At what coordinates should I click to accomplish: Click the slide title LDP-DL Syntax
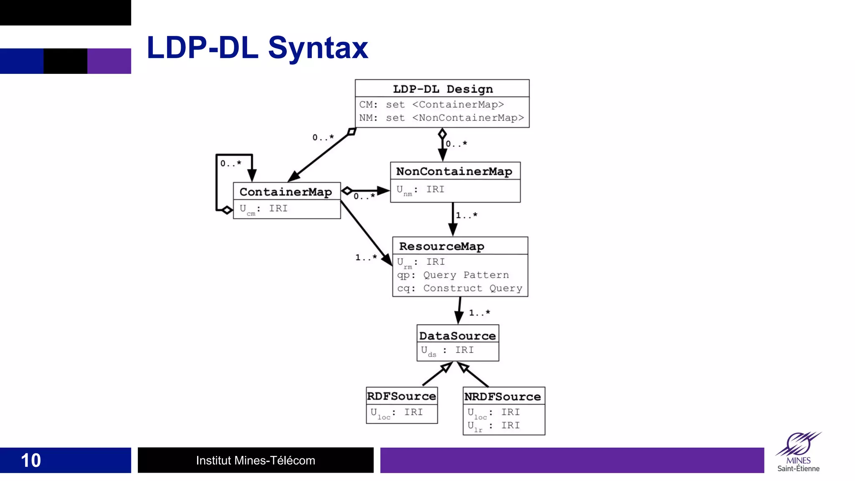click(257, 48)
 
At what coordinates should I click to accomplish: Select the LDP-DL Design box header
click(443, 89)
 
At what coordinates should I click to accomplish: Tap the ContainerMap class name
click(286, 192)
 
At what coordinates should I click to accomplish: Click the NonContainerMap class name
click(454, 171)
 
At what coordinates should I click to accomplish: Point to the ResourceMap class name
click(442, 246)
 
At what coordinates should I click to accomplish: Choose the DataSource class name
click(458, 336)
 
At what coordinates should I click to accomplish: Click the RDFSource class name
click(402, 396)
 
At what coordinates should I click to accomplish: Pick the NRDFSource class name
click(503, 396)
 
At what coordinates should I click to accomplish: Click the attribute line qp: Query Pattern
click(453, 275)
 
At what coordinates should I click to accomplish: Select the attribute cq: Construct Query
click(459, 288)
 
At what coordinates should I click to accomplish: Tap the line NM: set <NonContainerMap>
click(441, 118)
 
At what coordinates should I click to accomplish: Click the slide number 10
click(31, 460)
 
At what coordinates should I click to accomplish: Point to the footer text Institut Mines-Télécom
click(255, 460)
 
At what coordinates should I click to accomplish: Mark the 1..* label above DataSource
click(479, 312)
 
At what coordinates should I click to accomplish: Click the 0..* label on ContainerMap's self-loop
click(231, 163)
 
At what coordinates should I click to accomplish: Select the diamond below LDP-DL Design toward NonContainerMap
click(442, 134)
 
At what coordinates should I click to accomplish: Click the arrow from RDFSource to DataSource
click(437, 374)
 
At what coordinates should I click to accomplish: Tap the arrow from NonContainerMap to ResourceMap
click(453, 219)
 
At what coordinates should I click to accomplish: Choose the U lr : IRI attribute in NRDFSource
click(493, 425)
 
